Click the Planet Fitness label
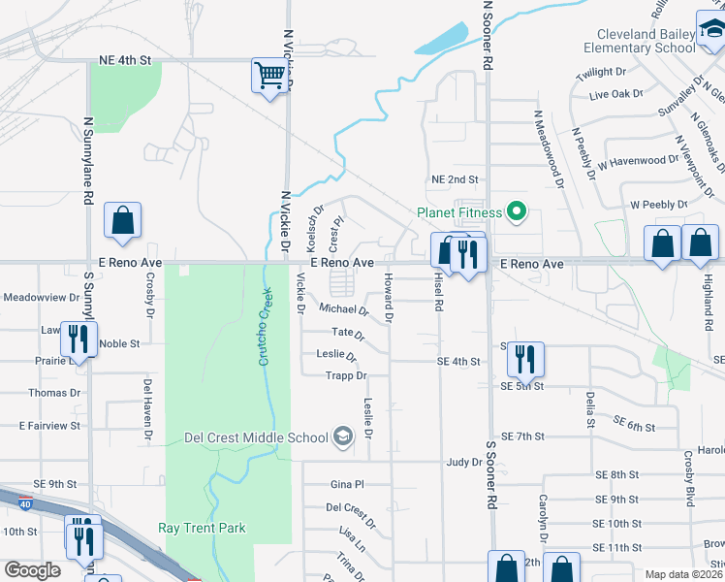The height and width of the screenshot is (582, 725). click(x=458, y=212)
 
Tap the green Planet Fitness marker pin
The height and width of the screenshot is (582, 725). click(x=517, y=210)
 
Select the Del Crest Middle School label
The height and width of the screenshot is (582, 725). click(x=256, y=437)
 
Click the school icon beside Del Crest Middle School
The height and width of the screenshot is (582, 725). click(x=341, y=436)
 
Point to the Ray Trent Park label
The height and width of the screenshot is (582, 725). click(x=202, y=529)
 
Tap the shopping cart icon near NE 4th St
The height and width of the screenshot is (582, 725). click(x=269, y=76)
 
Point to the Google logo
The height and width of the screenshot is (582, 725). click(x=32, y=570)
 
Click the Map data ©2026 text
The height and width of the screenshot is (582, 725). click(x=684, y=574)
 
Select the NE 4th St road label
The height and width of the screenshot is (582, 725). click(x=126, y=60)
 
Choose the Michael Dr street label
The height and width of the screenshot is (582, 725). click(x=344, y=310)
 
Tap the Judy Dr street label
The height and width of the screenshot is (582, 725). click(x=463, y=463)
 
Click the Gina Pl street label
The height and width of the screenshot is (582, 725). click(x=346, y=483)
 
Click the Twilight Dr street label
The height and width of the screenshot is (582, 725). click(x=601, y=73)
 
